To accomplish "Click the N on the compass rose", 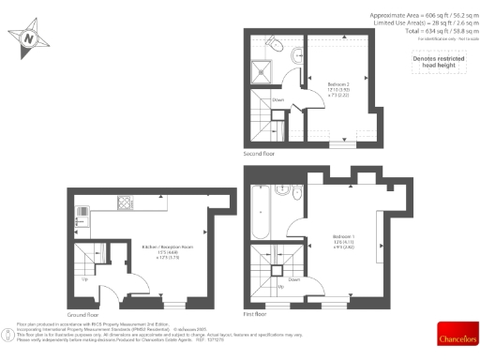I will tap(28, 39).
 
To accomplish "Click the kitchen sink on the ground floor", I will tap(82, 212).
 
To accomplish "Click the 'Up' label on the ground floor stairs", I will tap(86, 278).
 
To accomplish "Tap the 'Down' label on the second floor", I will tap(277, 99).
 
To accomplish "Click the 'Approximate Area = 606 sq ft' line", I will tap(421, 15).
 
